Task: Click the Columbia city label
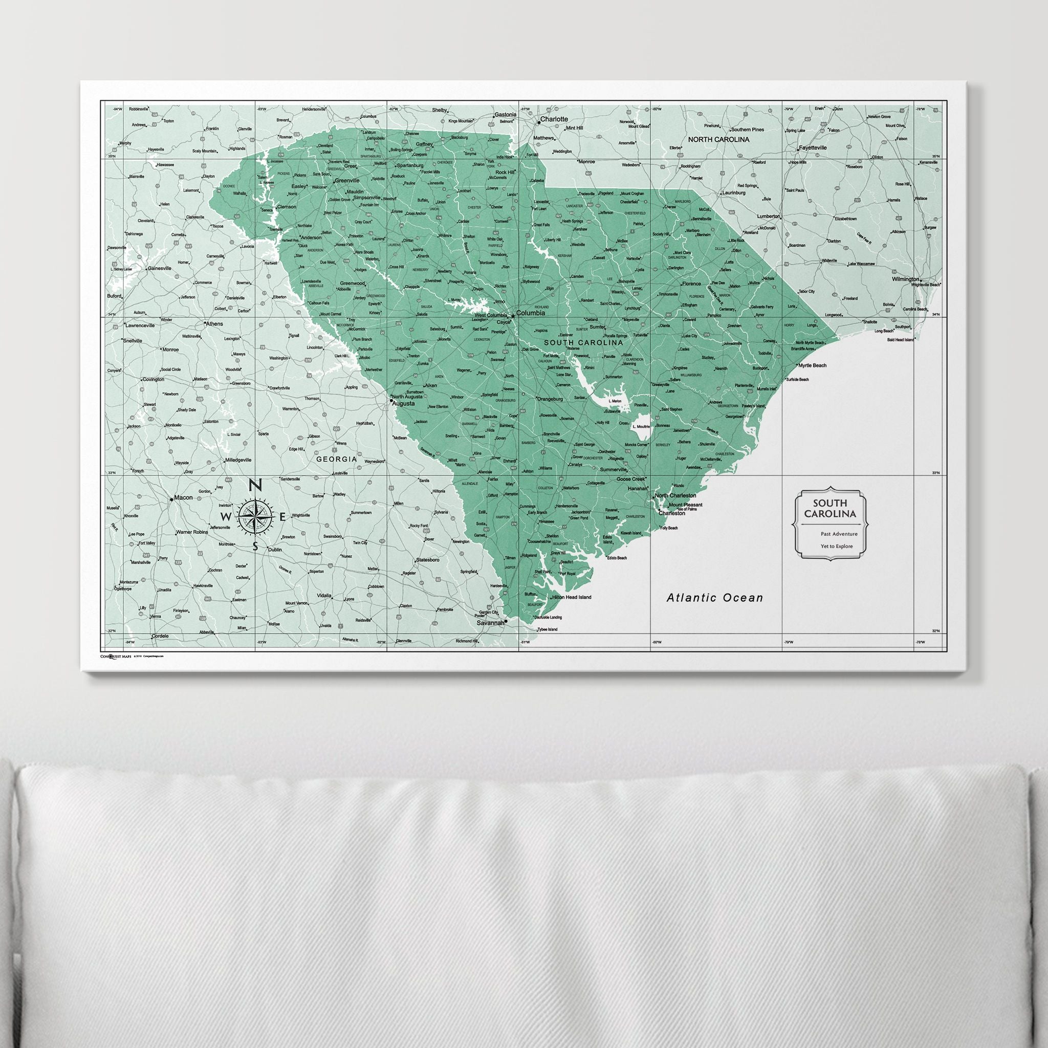coord(530,313)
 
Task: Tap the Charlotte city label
coord(554,119)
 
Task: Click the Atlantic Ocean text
coord(714,598)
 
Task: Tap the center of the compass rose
coord(255,516)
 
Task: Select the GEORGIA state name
coord(336,459)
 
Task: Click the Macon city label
coord(183,497)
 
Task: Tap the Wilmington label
coord(905,279)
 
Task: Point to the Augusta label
coord(403,404)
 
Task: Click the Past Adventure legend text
coord(839,534)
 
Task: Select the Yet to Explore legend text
coord(837,546)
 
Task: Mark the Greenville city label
coord(347,180)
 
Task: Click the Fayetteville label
coord(812,147)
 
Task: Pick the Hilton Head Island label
coord(572,597)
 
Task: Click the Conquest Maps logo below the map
coord(115,657)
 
